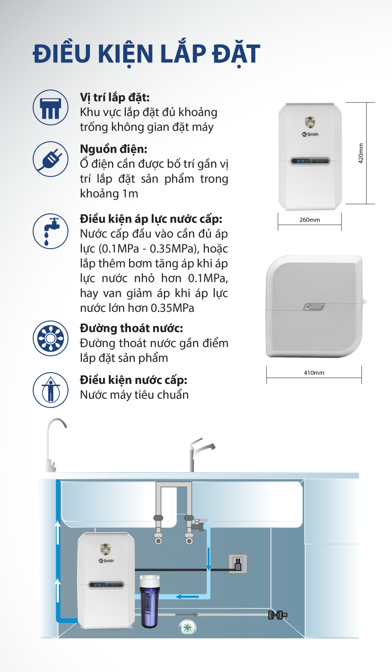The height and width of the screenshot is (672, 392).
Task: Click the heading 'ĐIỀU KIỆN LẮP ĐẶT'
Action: tap(146, 54)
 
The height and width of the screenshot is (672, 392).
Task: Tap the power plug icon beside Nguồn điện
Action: tap(51, 159)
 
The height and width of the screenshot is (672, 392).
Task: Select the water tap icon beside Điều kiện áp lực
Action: tap(51, 231)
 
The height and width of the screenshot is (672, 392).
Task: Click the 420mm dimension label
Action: tap(361, 153)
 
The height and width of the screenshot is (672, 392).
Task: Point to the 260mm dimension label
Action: tap(309, 220)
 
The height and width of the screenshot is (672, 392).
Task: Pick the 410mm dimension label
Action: tap(314, 373)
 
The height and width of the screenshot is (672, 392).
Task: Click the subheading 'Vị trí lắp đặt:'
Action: tap(114, 97)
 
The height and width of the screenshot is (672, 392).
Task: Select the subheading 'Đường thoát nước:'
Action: tap(131, 328)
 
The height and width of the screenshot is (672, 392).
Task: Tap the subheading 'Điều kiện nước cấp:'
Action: tap(133, 380)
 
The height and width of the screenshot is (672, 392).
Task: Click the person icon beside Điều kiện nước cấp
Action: tap(51, 390)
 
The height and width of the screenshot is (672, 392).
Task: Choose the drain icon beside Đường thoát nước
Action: tap(51, 338)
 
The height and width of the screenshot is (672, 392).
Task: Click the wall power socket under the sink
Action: tap(238, 564)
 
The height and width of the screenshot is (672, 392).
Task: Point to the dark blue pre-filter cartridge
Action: tap(150, 602)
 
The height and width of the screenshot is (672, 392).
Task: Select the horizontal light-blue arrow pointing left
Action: tap(187, 597)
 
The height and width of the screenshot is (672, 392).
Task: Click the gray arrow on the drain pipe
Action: tap(186, 615)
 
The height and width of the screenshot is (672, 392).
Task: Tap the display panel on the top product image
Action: tap(310, 161)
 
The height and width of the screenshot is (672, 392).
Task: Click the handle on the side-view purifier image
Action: tap(314, 307)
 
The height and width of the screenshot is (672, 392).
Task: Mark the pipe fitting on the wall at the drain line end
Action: tap(278, 615)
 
